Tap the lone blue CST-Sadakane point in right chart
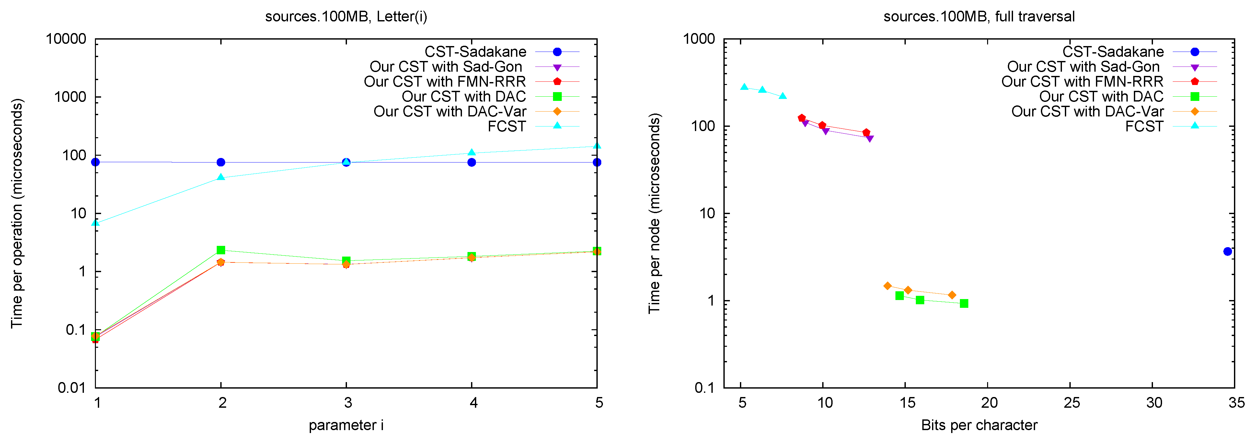1227,251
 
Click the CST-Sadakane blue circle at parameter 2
221,162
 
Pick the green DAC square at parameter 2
221,250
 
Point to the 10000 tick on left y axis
66,39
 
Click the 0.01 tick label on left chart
71,388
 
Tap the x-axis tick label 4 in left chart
473,403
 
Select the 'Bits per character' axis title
979,425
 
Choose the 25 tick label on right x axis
1071,403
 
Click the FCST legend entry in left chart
507,127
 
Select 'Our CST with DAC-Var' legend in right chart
1087,111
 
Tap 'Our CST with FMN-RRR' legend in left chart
445,81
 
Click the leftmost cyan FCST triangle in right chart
744,87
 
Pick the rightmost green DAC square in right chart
963,304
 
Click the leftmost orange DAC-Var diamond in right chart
887,286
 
